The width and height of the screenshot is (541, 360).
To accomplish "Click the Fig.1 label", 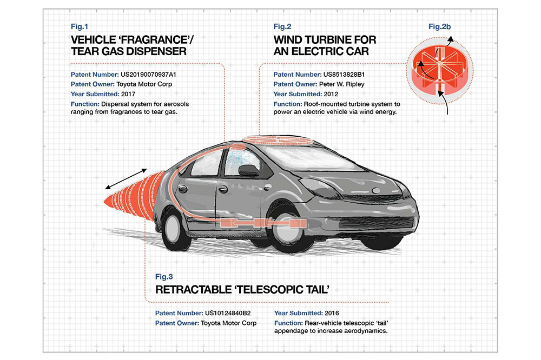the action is coord(80,26).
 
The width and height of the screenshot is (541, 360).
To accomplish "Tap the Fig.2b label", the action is coord(439,26).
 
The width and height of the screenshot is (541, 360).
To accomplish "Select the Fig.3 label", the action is coord(164,277).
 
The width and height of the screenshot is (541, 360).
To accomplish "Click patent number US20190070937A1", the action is coord(148,75).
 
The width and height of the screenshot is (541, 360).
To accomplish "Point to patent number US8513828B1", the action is coord(344,75).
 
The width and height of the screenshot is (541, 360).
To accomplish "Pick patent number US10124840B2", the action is coord(228,313).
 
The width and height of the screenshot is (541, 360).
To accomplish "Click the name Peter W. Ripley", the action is coord(341,84).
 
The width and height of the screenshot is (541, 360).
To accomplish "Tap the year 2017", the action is coord(128,94).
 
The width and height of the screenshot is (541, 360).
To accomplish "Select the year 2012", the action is coord(331,94).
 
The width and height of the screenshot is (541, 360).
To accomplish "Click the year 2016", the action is coord(332,313).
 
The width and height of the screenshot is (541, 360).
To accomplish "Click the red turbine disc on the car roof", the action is coord(278,140).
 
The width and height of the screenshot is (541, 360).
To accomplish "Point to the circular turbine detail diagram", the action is coord(439,71).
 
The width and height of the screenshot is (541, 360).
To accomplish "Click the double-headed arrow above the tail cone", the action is coord(126,179).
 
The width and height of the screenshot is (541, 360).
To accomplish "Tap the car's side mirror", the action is coord(249,170).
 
